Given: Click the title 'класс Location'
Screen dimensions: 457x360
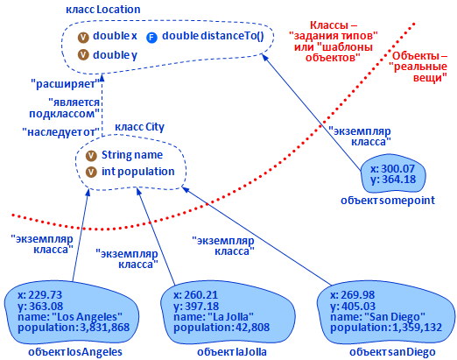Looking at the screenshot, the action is [x=103, y=10].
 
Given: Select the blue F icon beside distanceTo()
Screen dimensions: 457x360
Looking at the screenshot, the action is [x=151, y=38].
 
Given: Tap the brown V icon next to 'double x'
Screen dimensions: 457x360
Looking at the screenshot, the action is [x=83, y=38].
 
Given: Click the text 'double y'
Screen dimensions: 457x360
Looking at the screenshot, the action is [x=115, y=55].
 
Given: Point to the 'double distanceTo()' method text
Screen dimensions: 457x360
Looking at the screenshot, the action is [x=213, y=36].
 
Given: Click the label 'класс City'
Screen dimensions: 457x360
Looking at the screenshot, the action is [x=139, y=127].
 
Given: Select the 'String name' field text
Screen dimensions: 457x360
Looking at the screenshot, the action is [x=132, y=155].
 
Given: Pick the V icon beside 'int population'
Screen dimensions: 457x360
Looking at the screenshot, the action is [x=91, y=172].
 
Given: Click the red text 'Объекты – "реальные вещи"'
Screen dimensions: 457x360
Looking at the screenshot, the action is [x=418, y=67].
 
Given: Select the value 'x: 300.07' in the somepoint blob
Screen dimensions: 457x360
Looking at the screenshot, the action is [x=393, y=169].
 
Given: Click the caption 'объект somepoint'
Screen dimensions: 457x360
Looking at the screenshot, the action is [x=388, y=201].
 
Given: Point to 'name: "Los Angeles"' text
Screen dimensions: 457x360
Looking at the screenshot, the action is [x=70, y=317].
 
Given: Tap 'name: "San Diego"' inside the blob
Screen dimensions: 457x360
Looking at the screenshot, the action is [x=377, y=317].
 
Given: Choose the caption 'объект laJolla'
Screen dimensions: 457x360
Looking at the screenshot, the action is [x=232, y=352].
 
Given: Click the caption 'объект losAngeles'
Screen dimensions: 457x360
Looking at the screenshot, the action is [x=75, y=352].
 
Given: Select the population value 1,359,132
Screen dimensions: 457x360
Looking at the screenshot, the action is [x=418, y=328].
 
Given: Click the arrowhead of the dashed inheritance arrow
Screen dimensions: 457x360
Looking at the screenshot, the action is [x=102, y=77].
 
